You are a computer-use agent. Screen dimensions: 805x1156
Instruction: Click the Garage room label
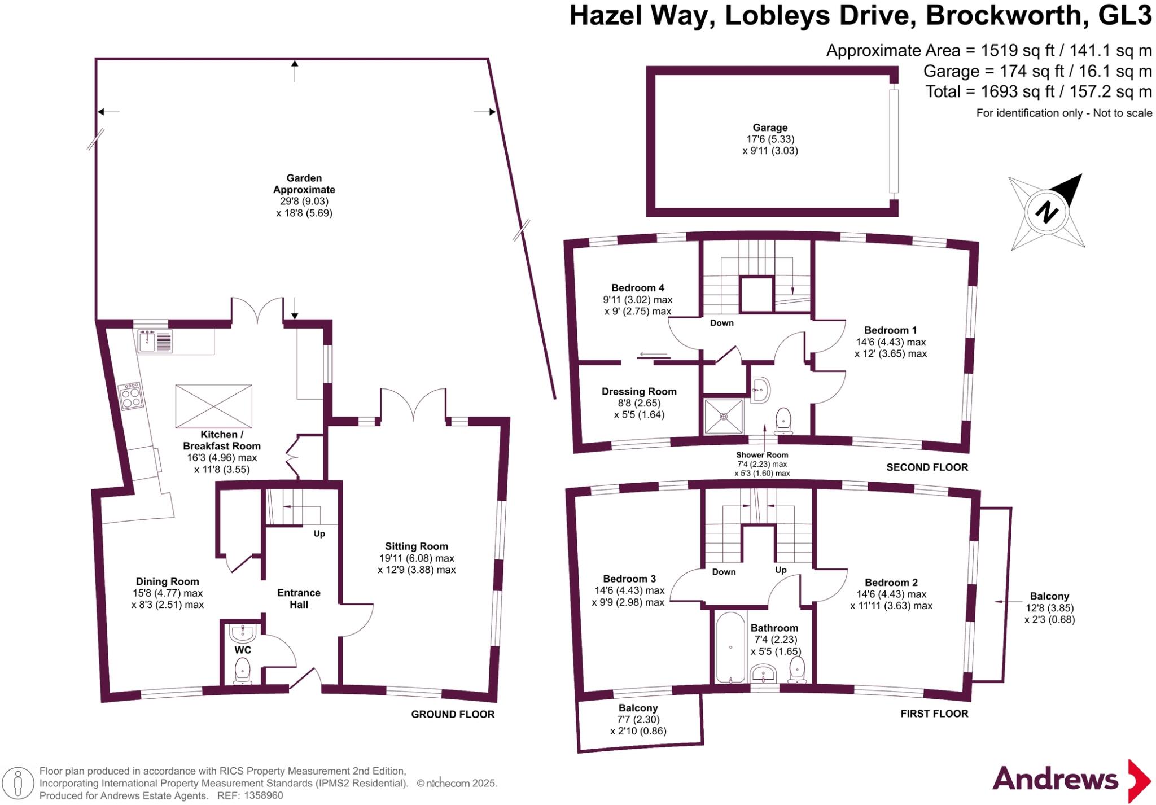pyautogui.click(x=769, y=128)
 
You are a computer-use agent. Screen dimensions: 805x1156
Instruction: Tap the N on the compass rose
pyautogui.click(x=1046, y=212)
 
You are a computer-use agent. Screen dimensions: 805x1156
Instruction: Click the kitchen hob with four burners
pyautogui.click(x=130, y=396)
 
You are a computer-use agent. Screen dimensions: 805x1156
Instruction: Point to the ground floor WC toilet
pyautogui.click(x=243, y=671)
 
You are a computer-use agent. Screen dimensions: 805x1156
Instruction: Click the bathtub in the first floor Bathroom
pyautogui.click(x=730, y=648)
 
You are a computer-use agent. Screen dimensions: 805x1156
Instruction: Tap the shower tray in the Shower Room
pyautogui.click(x=723, y=417)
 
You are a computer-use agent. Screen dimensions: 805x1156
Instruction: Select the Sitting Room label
pyautogui.click(x=417, y=546)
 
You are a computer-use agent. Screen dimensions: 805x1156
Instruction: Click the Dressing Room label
pyautogui.click(x=639, y=392)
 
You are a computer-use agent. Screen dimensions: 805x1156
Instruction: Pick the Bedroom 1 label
pyautogui.click(x=890, y=330)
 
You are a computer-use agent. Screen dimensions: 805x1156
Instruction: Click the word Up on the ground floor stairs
pyautogui.click(x=319, y=533)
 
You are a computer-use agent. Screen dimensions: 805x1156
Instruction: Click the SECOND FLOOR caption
pyautogui.click(x=927, y=467)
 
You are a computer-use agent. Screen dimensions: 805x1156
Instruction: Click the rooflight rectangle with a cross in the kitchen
pyautogui.click(x=213, y=406)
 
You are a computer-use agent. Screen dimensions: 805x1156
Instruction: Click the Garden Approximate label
pyautogui.click(x=304, y=184)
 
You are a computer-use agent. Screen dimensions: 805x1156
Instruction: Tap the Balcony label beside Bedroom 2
pyautogui.click(x=1049, y=596)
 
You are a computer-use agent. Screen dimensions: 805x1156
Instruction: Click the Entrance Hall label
pyautogui.click(x=299, y=598)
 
